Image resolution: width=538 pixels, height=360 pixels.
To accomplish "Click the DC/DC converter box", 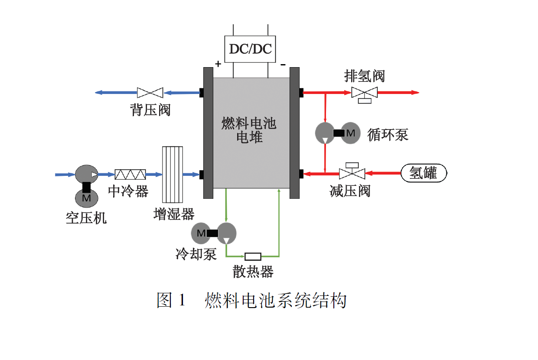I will point(250,49).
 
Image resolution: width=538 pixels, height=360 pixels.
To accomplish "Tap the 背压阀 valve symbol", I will point(150,92).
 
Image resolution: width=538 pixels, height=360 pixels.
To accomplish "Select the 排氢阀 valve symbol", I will point(364,93).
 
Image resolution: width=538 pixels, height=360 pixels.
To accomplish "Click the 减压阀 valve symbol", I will point(352,173).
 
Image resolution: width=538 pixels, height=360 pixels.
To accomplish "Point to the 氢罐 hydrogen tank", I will point(423,173).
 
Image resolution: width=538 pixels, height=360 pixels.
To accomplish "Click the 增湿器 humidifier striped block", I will point(173,175).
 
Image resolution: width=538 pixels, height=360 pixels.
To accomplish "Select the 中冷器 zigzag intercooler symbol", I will point(130,175).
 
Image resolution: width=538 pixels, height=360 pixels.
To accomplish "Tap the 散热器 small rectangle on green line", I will point(253,256).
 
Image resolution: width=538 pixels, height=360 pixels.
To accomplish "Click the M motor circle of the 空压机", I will point(87,198).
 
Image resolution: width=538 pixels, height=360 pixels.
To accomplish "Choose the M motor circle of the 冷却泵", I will point(201,233).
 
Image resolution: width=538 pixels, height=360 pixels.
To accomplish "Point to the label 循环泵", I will point(388,134).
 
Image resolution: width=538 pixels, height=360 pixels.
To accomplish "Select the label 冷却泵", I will point(196,253).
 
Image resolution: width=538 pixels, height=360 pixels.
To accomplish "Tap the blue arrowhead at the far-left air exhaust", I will point(98,92).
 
